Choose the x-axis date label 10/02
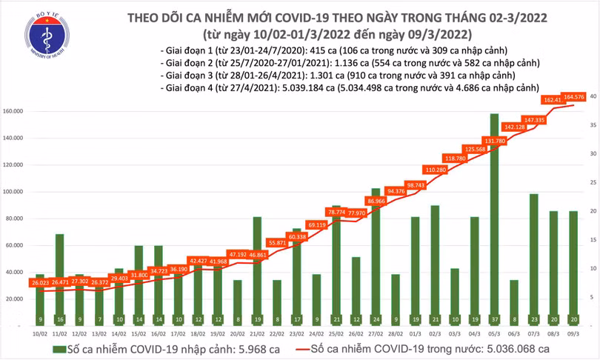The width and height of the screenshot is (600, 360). [39, 334]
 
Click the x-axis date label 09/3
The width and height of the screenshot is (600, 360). [573, 334]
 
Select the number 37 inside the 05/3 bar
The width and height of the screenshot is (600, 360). [494, 320]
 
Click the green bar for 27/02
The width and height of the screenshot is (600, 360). [376, 256]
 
